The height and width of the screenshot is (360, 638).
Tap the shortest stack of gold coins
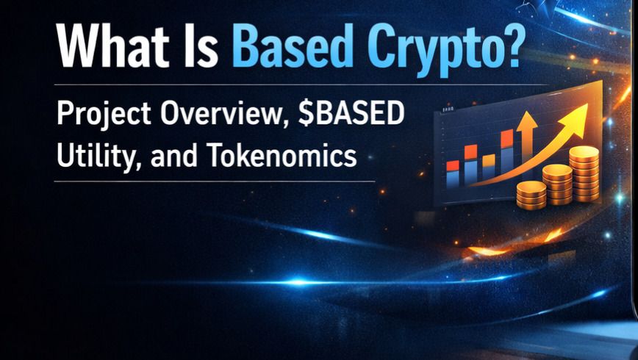(x=531, y=194)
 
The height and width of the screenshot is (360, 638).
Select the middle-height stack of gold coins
(x=556, y=184)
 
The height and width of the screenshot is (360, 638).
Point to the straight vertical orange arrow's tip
(x=527, y=118)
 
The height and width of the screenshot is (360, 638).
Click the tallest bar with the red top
(x=506, y=154)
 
